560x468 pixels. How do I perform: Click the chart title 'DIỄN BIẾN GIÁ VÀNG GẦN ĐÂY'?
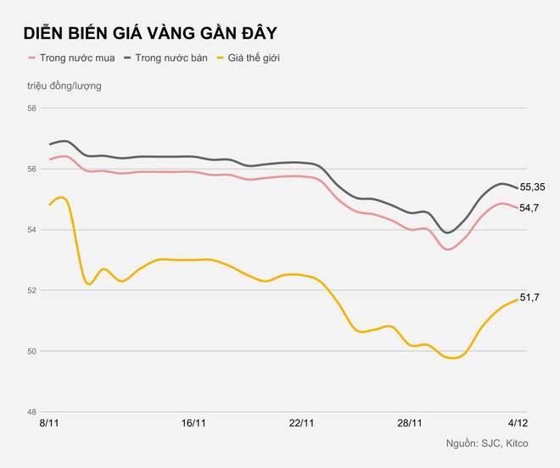[149, 33]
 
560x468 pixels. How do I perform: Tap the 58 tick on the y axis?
[31, 109]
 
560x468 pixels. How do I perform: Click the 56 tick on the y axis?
[31, 170]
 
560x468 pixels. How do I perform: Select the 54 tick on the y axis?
[31, 230]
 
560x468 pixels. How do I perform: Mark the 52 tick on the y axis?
[31, 291]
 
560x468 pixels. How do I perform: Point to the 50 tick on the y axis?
[31, 351]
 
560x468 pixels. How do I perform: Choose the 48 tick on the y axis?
[31, 411]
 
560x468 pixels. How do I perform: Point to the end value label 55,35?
[532, 187]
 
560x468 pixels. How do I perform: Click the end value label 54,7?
[529, 209]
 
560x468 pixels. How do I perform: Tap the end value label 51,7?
[529, 298]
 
